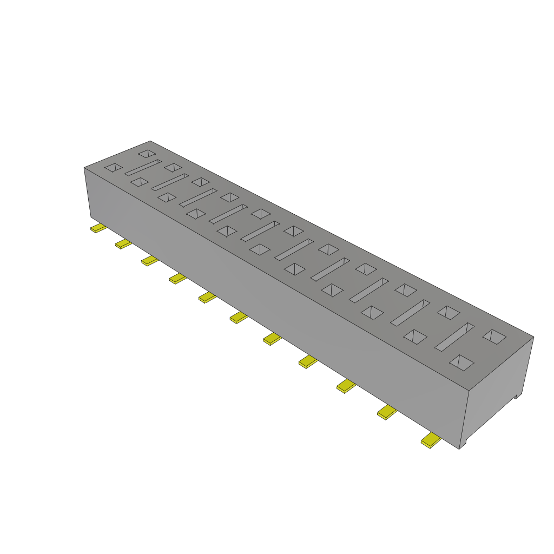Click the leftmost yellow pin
(98, 228)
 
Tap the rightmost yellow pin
(431, 441)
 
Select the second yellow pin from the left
(123, 244)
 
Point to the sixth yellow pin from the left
(238, 318)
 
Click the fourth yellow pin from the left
(177, 279)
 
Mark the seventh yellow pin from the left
(272, 339)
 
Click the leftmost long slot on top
(143, 167)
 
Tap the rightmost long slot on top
(454, 337)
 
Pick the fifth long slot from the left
(260, 231)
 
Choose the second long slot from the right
(410, 313)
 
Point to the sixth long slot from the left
(294, 249)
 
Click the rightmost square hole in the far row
(494, 337)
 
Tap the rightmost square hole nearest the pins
(461, 362)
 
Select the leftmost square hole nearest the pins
(114, 168)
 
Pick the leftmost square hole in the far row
(146, 154)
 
